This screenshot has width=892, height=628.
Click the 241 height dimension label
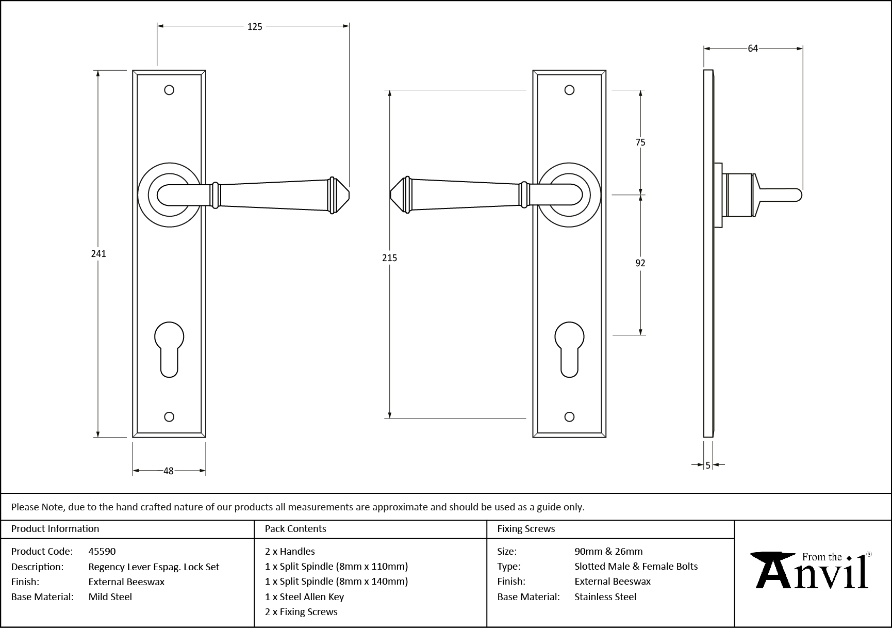tap(98, 253)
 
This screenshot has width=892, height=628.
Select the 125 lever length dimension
tap(255, 26)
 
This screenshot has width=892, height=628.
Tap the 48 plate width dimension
tap(169, 471)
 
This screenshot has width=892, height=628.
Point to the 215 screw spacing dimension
tap(389, 257)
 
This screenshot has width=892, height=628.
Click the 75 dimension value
tap(640, 142)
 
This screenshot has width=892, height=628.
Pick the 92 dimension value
tap(640, 263)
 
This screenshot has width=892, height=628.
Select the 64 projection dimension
tap(753, 49)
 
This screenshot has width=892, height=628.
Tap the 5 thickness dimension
tap(708, 465)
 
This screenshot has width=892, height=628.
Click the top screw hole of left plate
tap(169, 90)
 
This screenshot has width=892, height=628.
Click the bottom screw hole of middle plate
tap(569, 416)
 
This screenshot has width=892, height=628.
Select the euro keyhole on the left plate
tap(169, 348)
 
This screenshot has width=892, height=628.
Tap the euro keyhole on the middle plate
tap(569, 348)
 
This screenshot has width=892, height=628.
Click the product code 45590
tap(102, 551)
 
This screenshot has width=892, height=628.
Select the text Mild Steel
tap(110, 597)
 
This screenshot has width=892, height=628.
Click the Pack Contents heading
tap(295, 528)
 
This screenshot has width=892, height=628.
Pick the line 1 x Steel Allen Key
tap(304, 597)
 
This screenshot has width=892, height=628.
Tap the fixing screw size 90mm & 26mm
tap(608, 551)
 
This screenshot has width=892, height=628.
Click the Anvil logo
tap(812, 571)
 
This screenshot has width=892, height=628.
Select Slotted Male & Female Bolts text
tap(636, 566)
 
